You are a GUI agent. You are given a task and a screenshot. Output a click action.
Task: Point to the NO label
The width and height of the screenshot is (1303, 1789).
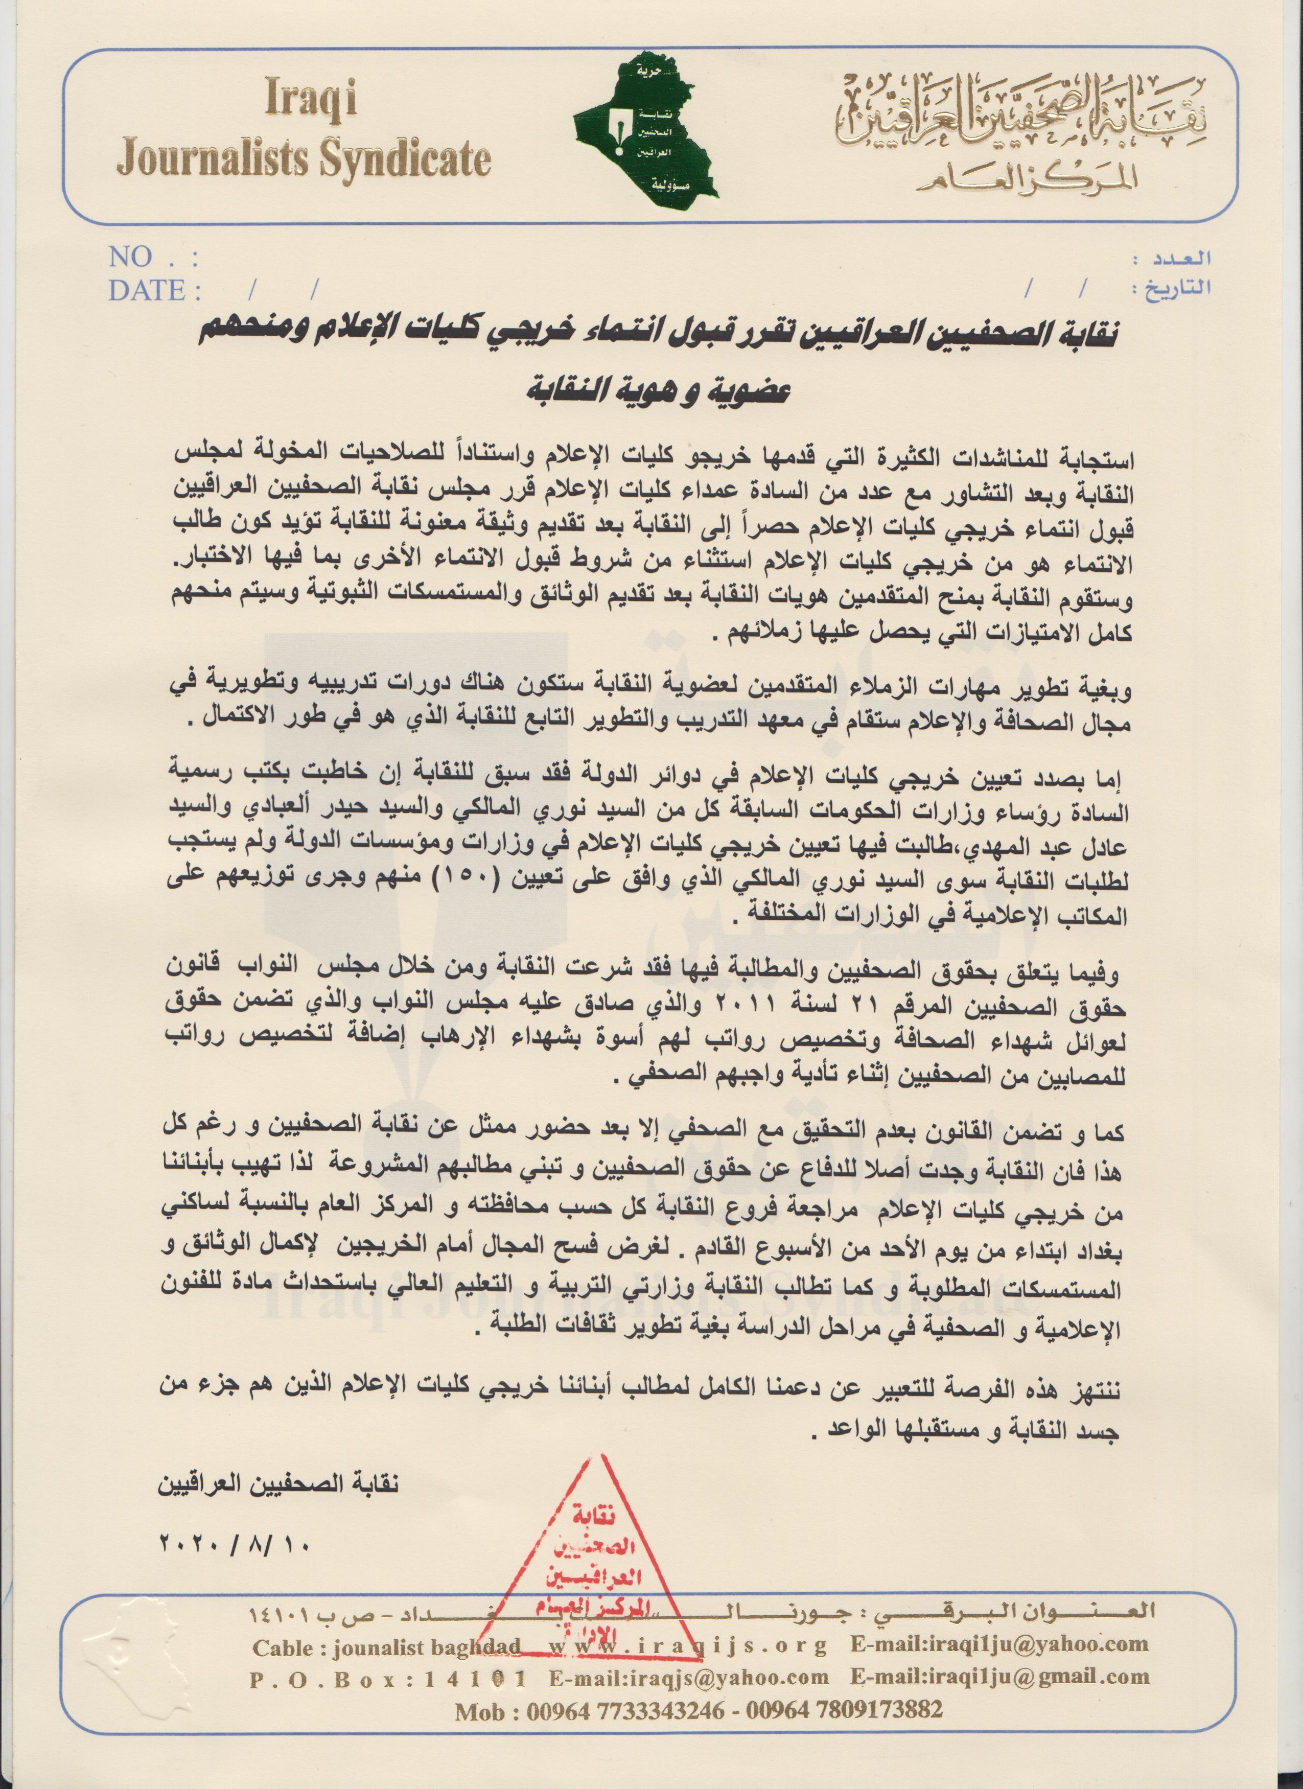(x=131, y=257)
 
